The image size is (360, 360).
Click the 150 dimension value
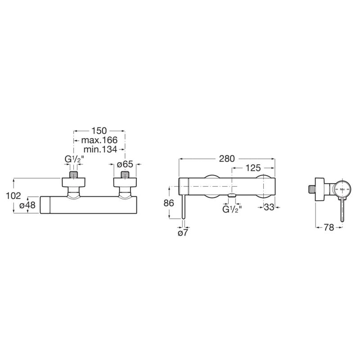pos(99,130)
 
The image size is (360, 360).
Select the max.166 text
pos(99,140)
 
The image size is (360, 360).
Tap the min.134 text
pos(100,149)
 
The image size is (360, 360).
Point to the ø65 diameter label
pos(125,164)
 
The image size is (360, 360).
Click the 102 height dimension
pos(13,196)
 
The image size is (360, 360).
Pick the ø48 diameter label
pos(27,205)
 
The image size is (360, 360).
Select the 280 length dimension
pos(227,159)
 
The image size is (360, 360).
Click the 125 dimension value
pos(253,168)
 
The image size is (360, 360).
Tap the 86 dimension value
pos(169,203)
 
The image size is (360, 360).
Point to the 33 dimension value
pos(269,207)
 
